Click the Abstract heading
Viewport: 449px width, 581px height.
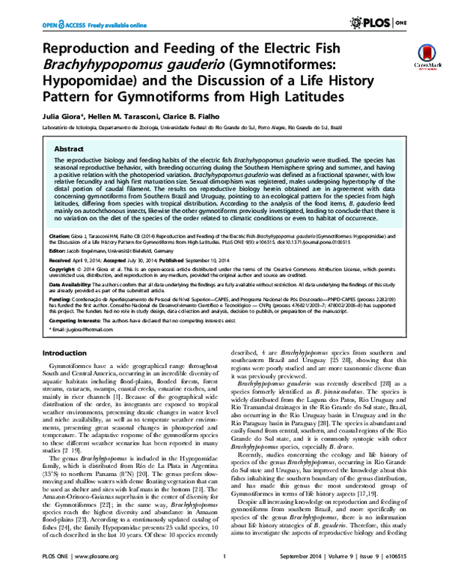click(x=63, y=149)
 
